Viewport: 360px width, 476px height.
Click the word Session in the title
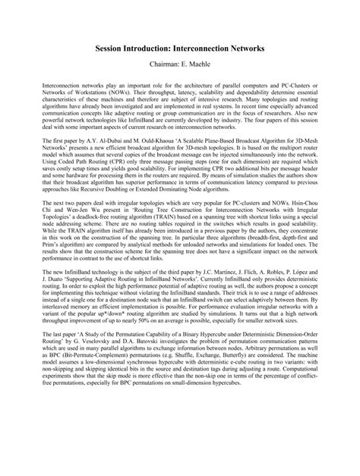(113, 47)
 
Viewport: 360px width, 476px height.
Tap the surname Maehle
(204, 65)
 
